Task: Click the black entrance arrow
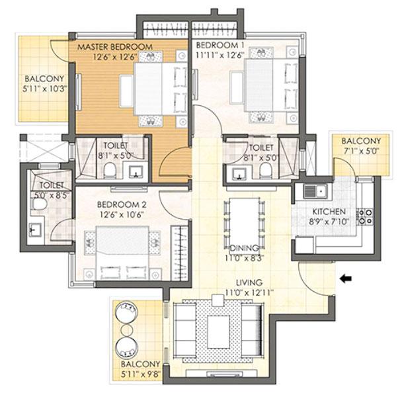(x=344, y=279)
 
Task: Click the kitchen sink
(x=316, y=191)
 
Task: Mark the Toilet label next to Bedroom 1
(x=262, y=147)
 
